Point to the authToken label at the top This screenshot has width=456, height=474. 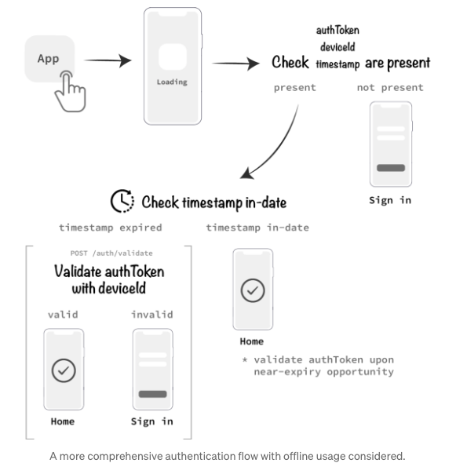pos(337,30)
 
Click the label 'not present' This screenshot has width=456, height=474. pos(390,87)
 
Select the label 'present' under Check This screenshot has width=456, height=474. pos(294,87)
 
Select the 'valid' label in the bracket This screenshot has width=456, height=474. pos(63,314)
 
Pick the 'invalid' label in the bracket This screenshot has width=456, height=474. pos(152,314)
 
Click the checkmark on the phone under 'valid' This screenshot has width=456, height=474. pos(63,368)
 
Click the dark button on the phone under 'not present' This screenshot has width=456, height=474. pos(391,167)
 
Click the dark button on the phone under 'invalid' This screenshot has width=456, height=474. pos(152,394)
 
